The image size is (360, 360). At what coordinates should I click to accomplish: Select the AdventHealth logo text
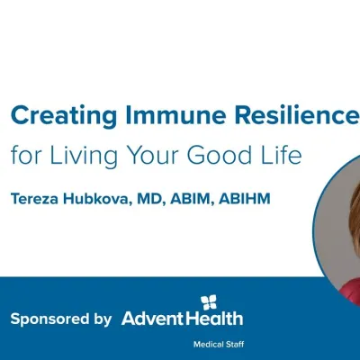tap(182, 319)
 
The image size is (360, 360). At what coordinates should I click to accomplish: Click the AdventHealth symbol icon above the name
tap(207, 301)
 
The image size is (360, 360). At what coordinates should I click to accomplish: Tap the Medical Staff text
tap(217, 345)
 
